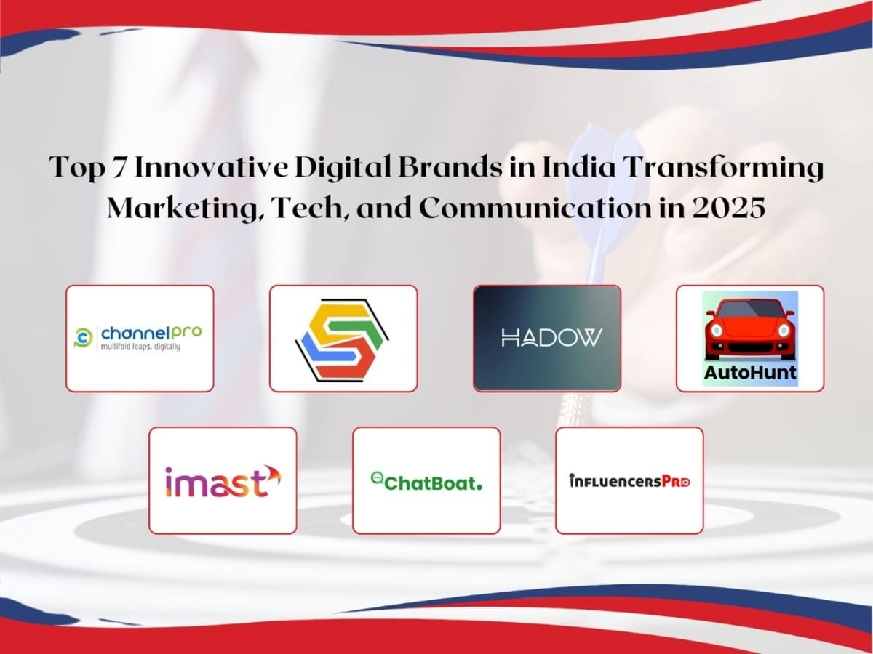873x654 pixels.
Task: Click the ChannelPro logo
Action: click(140, 338)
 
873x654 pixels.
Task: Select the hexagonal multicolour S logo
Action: click(343, 339)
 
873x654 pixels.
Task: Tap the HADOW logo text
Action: click(546, 338)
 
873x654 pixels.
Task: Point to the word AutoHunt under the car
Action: click(750, 374)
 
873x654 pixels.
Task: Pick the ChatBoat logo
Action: click(426, 481)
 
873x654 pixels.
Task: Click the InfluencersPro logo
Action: click(629, 480)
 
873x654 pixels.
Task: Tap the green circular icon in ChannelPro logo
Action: click(84, 337)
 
